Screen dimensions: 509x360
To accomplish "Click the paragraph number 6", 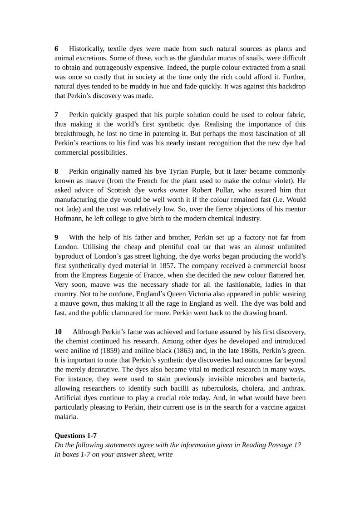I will click(56, 49).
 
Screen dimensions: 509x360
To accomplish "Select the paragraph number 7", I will click(56, 115).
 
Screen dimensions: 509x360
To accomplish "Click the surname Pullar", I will click(245, 190).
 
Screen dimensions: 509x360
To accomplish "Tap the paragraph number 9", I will click(56, 237).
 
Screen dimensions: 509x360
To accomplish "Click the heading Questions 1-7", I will click(75, 436).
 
